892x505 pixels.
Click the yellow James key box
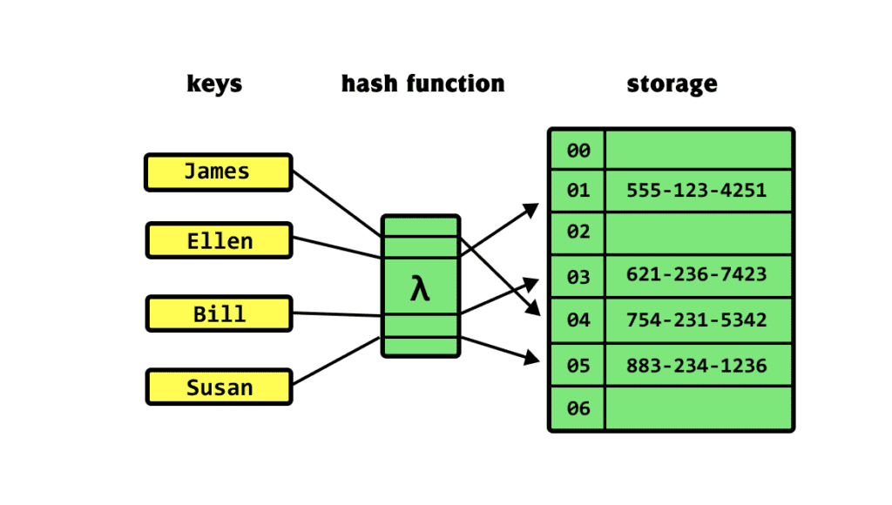[x=218, y=172]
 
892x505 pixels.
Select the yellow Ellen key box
[x=219, y=240]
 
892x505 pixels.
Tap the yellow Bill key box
[x=219, y=313]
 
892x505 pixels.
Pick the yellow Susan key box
[x=219, y=387]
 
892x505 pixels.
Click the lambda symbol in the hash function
[x=420, y=288]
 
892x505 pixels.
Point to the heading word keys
[x=214, y=84]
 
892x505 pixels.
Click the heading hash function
[x=422, y=84]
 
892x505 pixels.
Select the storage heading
[x=672, y=84]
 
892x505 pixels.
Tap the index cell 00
[x=578, y=151]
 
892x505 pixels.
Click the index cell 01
[x=578, y=191]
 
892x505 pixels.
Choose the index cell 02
[x=578, y=232]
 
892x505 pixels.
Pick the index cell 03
[x=578, y=277]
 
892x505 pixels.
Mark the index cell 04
[x=578, y=320]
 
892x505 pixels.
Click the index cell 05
[x=578, y=366]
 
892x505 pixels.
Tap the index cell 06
[x=578, y=408]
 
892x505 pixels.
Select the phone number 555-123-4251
[x=697, y=190]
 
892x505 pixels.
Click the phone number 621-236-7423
[x=697, y=275]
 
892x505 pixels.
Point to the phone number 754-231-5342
[x=697, y=320]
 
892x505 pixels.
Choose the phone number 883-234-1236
[x=697, y=365]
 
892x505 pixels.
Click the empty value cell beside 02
[x=699, y=232]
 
